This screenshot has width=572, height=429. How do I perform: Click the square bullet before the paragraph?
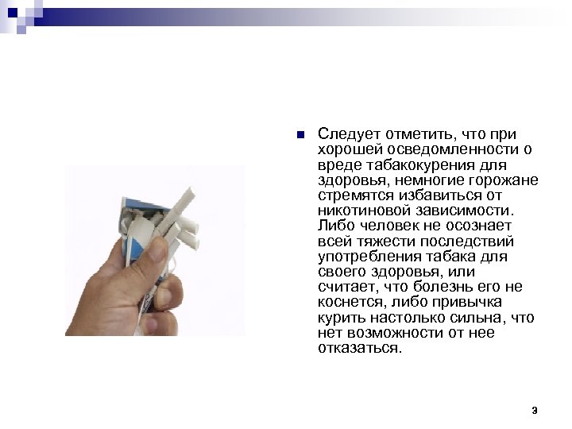[297, 134]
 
